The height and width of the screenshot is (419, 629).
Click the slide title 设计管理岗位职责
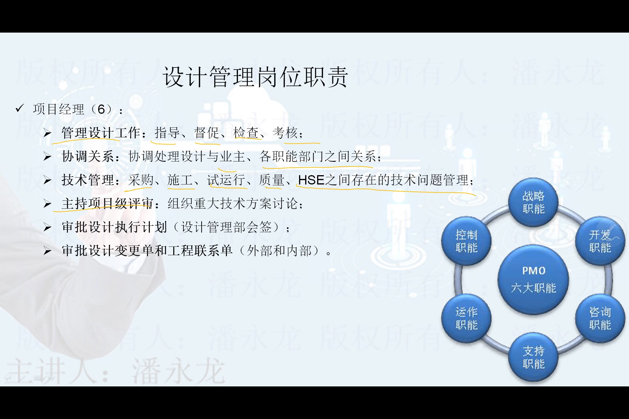point(255,77)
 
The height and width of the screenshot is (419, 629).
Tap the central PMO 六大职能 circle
point(533,279)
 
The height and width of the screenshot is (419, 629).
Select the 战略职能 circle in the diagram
point(533,202)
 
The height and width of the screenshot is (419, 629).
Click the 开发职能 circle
point(600,241)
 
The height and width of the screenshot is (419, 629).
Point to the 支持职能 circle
point(533,357)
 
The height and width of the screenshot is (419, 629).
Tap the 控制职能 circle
point(466,241)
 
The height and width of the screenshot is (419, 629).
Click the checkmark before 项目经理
point(20,109)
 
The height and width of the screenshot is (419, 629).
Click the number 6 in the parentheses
point(101,110)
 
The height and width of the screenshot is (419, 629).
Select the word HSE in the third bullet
point(311,180)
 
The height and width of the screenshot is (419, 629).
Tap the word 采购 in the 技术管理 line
point(141,180)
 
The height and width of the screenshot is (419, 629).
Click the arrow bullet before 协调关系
point(47,157)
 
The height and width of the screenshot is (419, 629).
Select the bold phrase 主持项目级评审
point(107,204)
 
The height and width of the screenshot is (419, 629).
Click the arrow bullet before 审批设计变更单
point(47,251)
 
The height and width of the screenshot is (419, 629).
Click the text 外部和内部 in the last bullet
point(280,251)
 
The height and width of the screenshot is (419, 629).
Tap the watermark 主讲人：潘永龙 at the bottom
point(115,371)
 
